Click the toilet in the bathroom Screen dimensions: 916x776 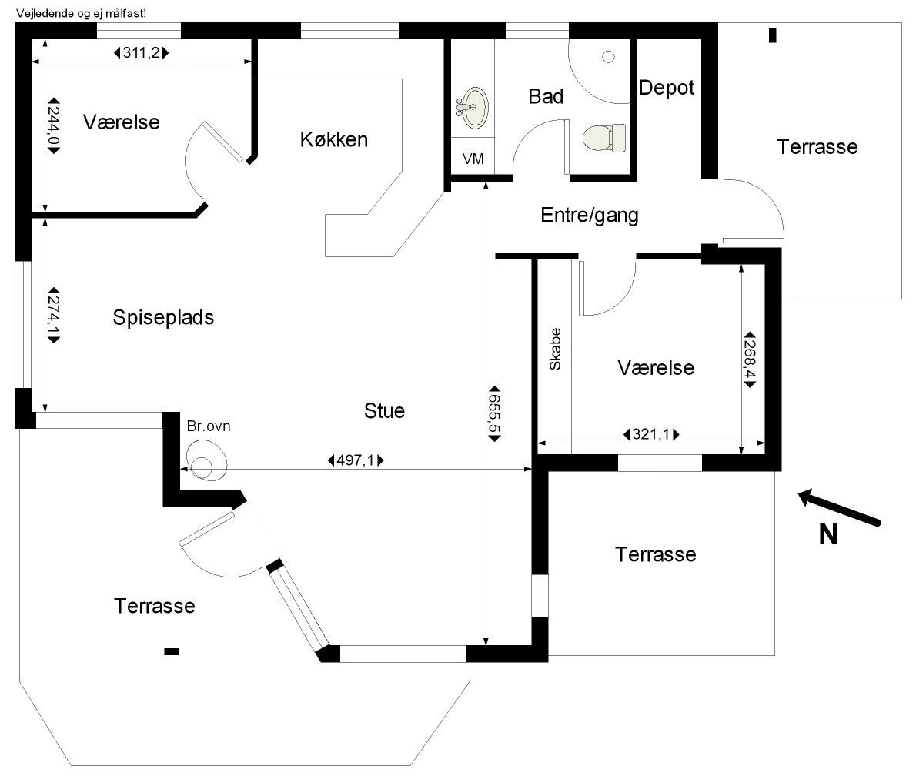point(604,139)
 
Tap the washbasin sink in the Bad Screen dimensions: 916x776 point(472,108)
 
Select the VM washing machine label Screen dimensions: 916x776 point(473,159)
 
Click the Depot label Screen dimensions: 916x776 point(667,88)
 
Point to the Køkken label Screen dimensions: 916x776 point(334,139)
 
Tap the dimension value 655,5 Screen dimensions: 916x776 point(495,413)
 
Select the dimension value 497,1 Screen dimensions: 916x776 point(356,460)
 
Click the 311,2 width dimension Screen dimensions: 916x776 point(142,53)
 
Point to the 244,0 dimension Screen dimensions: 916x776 point(54,125)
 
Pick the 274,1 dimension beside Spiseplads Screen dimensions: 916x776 point(54,315)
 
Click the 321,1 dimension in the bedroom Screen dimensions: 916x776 point(651,434)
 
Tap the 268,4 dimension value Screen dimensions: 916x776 point(750,360)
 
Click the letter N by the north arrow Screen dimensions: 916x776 point(828,534)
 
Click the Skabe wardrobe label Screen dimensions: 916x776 point(555,349)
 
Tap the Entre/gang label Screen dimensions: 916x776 point(590,215)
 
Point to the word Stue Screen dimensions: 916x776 point(384,411)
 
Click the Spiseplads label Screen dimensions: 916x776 point(163,317)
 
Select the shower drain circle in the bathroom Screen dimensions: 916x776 point(609,57)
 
